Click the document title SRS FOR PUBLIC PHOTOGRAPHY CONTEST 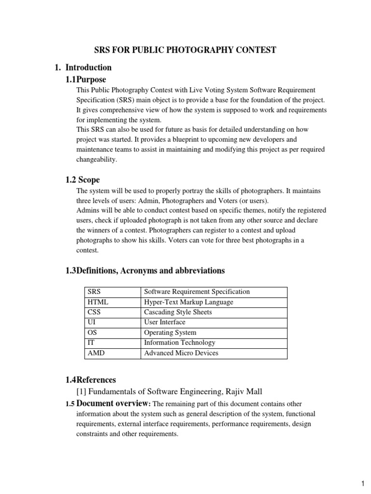click(185, 50)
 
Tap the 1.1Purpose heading click(86, 79)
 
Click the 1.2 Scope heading click(83, 180)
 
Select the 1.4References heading click(90, 380)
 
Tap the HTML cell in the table click(98, 302)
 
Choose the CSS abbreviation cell click(95, 312)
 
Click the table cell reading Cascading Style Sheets click(178, 312)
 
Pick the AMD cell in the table click(96, 353)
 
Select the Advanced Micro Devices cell click(181, 353)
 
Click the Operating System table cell click(170, 332)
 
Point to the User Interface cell click(165, 322)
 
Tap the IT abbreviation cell click(91, 343)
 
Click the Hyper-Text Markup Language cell click(188, 302)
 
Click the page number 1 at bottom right click(362, 483)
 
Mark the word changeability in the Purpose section click(97, 159)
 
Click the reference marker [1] click(81, 391)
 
